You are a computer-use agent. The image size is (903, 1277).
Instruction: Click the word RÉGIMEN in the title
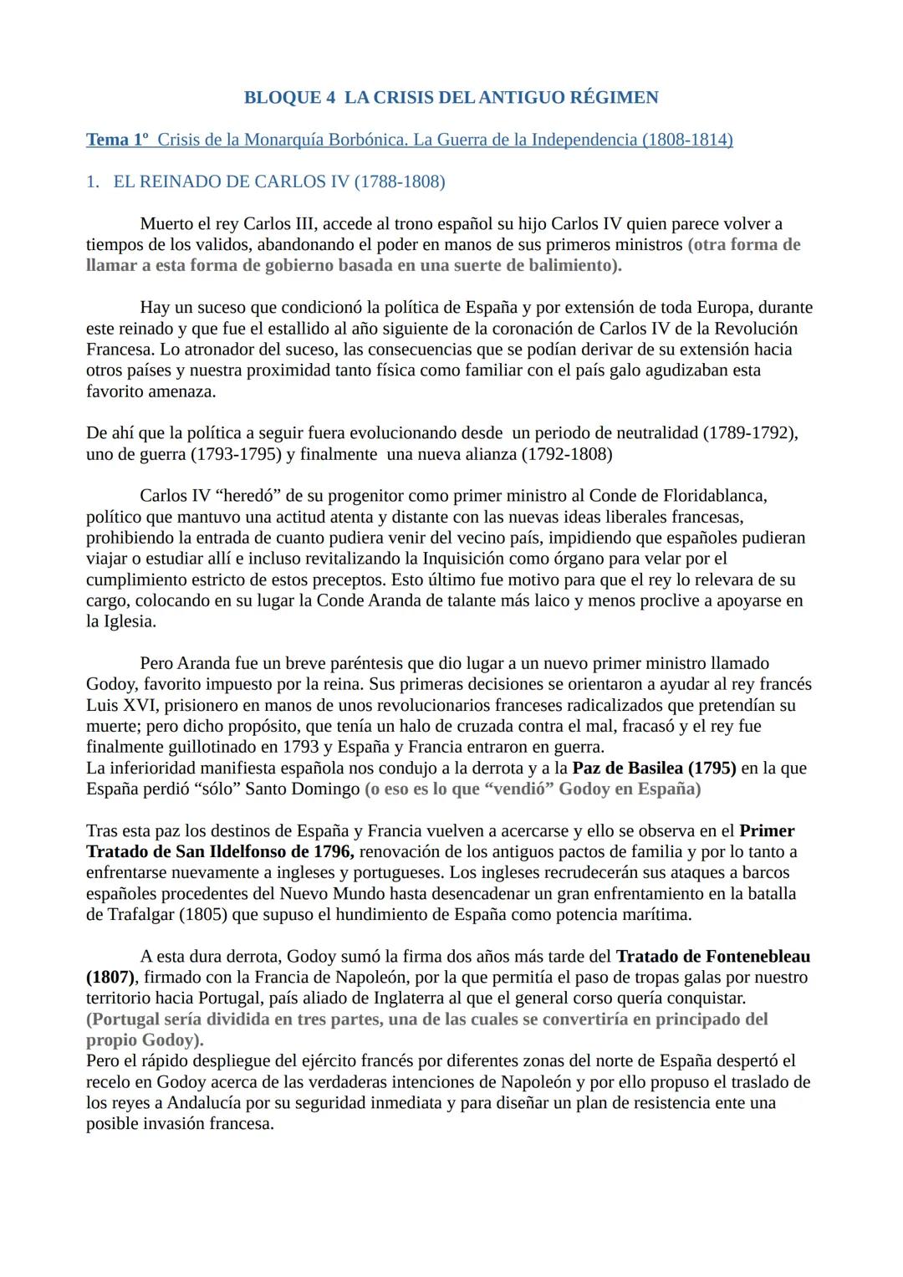614,98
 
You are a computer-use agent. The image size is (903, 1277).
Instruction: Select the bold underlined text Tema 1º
117,140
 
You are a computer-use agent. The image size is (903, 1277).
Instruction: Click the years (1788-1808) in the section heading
399,181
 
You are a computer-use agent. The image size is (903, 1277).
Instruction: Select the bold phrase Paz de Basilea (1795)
654,768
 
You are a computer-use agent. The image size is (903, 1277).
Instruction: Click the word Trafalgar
140,914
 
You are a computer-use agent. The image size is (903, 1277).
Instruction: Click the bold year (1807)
110,977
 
